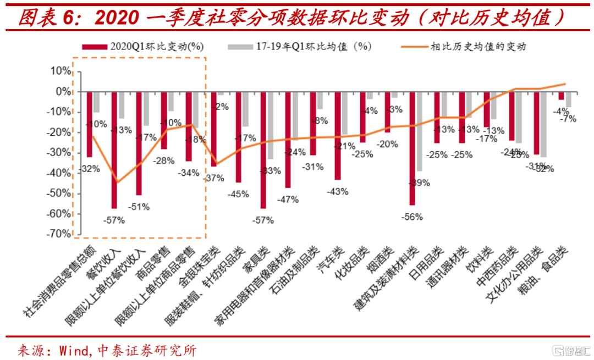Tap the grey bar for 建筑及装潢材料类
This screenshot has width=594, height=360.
419,131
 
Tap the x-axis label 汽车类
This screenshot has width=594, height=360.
330,261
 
